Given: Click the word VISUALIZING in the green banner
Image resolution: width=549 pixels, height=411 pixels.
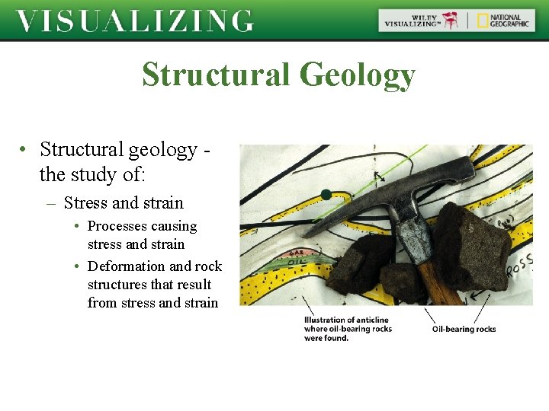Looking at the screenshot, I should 134,21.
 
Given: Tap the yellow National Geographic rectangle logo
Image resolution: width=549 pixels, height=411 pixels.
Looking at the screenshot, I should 483,21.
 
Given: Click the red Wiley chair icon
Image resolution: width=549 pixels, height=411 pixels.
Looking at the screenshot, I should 452,21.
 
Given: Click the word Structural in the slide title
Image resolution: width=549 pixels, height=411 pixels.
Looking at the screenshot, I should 216,75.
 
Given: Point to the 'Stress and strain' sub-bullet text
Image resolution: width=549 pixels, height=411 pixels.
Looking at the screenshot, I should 124,202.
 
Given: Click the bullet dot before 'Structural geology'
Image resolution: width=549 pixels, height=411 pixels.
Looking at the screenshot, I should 25,149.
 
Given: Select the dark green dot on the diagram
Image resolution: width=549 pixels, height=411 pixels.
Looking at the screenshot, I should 326,195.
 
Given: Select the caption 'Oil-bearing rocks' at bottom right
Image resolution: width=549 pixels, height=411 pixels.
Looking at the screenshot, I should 464,329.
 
